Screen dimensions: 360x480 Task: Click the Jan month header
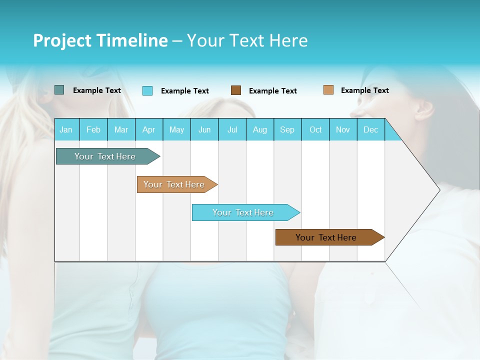coord(66,129)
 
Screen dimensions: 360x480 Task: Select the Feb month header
coord(93,129)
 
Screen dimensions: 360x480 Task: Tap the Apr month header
coord(149,129)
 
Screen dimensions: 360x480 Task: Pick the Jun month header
coord(204,129)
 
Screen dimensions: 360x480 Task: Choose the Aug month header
coord(260,129)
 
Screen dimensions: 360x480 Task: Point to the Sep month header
coord(287,129)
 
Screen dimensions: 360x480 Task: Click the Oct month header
coord(315,129)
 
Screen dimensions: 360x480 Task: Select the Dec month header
coord(371,129)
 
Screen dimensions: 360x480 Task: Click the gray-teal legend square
coord(59,90)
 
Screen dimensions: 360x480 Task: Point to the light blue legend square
coord(147,90)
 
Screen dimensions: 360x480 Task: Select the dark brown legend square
coord(236,90)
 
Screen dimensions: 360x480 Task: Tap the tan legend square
coord(328,90)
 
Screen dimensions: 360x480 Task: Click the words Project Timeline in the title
coord(100,40)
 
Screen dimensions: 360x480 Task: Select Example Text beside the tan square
coord(365,90)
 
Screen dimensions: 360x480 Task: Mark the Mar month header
coord(121,129)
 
